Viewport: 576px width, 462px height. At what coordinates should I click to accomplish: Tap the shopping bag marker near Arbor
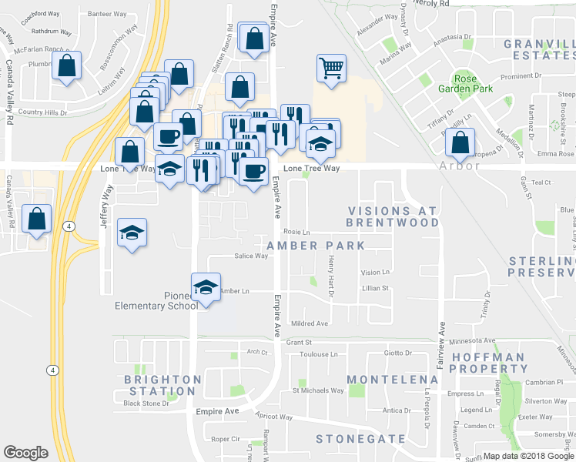(460, 142)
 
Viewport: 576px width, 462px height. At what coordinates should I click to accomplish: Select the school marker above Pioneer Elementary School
(206, 287)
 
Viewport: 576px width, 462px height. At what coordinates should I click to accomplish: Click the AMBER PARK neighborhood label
(315, 246)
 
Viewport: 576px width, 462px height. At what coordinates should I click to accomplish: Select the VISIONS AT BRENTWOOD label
(392, 216)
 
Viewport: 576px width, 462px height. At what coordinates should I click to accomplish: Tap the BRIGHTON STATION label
(162, 385)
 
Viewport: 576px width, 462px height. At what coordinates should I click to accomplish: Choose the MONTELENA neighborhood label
(392, 380)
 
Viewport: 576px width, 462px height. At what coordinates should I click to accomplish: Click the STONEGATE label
(360, 439)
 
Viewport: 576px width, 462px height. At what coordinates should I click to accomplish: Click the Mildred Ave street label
(309, 324)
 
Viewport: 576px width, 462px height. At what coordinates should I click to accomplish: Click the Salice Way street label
(250, 256)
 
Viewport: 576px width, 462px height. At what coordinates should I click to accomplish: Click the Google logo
(26, 453)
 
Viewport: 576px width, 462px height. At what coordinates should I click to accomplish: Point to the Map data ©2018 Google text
(528, 456)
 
